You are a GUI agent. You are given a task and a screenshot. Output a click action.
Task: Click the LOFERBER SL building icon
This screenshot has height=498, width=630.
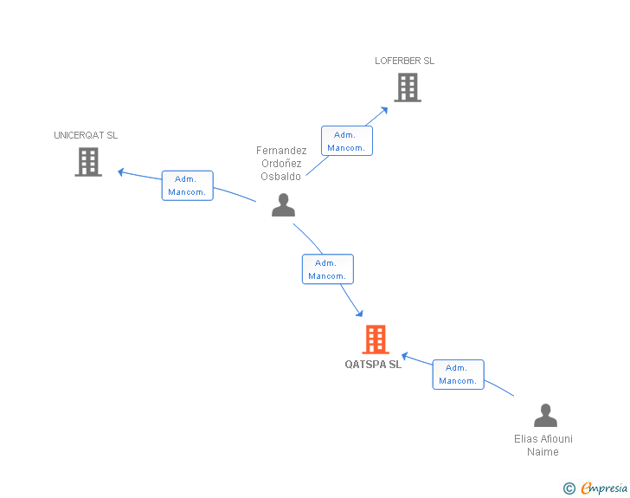coord(408,87)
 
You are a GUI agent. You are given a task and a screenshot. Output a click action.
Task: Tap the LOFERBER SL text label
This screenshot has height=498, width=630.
coord(404,61)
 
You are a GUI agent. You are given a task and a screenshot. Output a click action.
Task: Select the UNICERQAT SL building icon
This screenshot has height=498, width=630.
coord(88,162)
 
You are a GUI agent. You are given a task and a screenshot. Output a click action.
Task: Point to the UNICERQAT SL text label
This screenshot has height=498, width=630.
coord(86,135)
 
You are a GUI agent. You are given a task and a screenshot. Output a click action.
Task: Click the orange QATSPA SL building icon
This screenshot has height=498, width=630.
coord(376,340)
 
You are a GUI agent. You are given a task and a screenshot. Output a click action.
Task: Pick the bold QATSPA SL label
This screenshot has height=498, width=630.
coord(373,365)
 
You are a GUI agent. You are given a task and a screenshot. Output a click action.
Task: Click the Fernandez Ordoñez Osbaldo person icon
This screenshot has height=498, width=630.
coord(283,204)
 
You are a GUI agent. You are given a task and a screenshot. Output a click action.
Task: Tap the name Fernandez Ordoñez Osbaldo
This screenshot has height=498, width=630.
coord(281,164)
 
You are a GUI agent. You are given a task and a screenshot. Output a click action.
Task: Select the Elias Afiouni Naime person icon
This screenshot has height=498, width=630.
coord(545,415)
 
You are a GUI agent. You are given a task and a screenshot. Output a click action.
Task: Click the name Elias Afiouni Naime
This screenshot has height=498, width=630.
coord(543,445)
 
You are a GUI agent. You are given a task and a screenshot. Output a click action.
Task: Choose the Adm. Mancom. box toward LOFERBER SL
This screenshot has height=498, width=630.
coord(347,141)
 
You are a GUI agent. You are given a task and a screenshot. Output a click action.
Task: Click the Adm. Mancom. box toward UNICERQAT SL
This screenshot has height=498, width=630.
coord(187,185)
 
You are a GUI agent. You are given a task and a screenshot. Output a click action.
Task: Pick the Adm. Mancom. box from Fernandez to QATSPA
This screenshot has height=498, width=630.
coord(328,269)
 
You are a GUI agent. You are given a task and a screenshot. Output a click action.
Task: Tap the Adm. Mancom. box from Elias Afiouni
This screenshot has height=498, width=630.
coord(458,374)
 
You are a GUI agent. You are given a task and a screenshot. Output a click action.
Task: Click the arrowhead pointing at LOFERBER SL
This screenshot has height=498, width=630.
coord(384,110)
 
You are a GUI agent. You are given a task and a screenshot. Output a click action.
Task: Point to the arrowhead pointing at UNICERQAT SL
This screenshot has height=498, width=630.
coord(121,172)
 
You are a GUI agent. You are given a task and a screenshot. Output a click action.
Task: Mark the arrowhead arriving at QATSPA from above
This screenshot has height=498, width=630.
coord(360,313)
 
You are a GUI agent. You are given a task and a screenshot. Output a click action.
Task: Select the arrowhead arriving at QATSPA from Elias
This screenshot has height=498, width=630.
coord(405,356)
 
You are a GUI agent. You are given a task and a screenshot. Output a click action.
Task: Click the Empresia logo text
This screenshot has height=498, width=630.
coord(604,488)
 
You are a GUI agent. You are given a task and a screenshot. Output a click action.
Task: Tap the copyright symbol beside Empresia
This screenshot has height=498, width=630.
coord(569,488)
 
